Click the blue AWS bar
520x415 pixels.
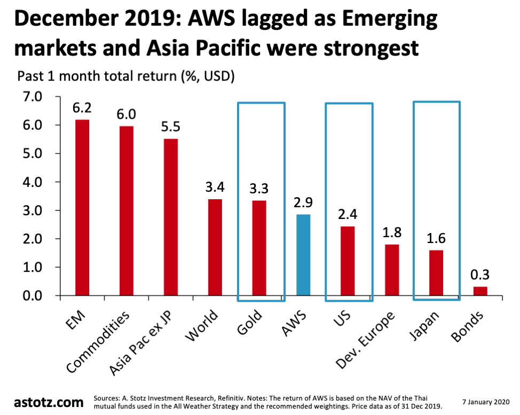click(x=303, y=255)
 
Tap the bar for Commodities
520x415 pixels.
click(x=127, y=210)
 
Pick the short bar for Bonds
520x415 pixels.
click(x=480, y=291)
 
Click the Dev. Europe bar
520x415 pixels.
click(x=391, y=270)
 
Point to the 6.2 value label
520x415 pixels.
click(x=82, y=108)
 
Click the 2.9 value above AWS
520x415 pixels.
click(x=303, y=203)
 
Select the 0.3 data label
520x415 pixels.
click(x=480, y=276)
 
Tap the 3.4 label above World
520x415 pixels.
click(x=215, y=188)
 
